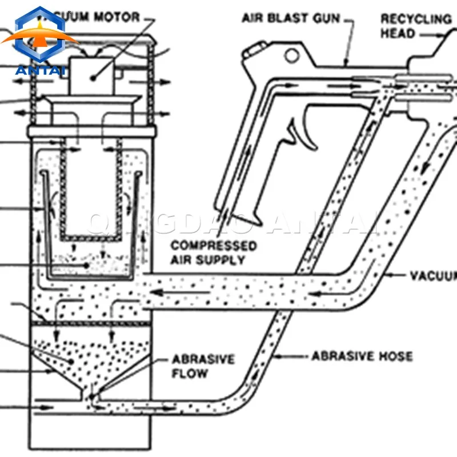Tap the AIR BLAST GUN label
coord(291,18)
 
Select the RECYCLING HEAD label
coord(415,26)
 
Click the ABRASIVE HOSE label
coord(362,356)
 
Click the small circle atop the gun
coord(292,55)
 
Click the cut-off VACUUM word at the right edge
coord(435,276)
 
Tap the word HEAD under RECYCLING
coord(398,34)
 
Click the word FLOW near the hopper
coord(190,374)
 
